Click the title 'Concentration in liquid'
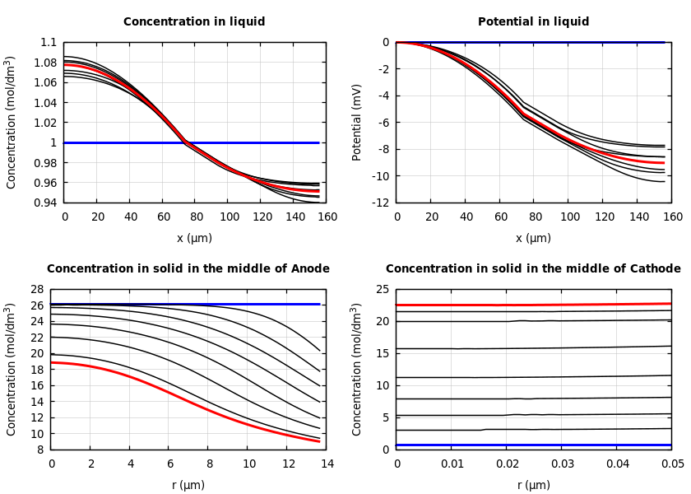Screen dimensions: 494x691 click(194, 22)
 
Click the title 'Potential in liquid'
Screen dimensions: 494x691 click(533, 22)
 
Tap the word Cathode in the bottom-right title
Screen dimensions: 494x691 click(656, 269)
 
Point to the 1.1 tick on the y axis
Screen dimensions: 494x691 click(49, 43)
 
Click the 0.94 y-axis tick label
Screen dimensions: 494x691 click(46, 203)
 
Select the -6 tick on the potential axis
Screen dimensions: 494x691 click(383, 123)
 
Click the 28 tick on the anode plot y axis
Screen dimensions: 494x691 click(35, 290)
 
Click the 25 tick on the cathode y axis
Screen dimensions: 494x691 click(382, 290)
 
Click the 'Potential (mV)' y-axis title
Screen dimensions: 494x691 click(357, 122)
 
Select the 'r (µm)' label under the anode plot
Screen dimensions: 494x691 click(188, 485)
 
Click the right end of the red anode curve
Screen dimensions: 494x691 click(319, 441)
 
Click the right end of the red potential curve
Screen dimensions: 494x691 click(663, 163)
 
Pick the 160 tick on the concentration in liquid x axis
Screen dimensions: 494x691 click(327, 217)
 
